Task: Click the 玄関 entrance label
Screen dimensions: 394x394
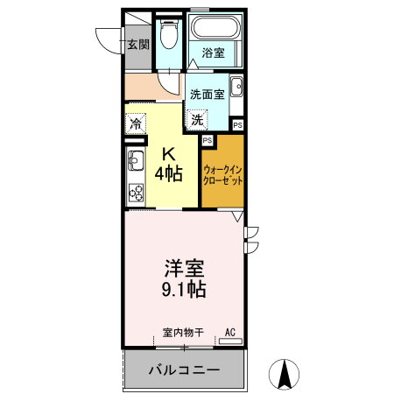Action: (x=138, y=45)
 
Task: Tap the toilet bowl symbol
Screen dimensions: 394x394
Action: (x=169, y=34)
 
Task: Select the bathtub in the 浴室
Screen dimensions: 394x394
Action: (x=215, y=27)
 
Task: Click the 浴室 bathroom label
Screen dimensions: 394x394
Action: (x=214, y=53)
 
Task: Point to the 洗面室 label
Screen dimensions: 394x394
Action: (x=208, y=95)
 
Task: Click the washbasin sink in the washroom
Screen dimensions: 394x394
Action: (x=236, y=87)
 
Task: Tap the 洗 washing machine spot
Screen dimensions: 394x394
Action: (x=197, y=120)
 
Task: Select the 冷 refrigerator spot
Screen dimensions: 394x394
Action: (x=136, y=123)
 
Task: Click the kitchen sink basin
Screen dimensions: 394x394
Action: (x=136, y=160)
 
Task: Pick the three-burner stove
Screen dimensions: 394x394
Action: (x=136, y=193)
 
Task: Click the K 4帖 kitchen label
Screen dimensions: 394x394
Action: (x=169, y=165)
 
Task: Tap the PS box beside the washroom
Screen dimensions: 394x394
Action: (x=238, y=125)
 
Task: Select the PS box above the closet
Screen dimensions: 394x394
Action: (x=208, y=140)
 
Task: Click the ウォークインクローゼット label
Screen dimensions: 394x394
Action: (x=222, y=175)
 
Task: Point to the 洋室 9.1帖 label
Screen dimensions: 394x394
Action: (x=184, y=278)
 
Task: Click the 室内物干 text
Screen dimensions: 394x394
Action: (x=183, y=333)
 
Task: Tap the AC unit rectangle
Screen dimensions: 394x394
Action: (x=230, y=341)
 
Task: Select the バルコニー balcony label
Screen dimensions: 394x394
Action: (x=184, y=370)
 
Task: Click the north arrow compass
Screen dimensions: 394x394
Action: (x=284, y=374)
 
